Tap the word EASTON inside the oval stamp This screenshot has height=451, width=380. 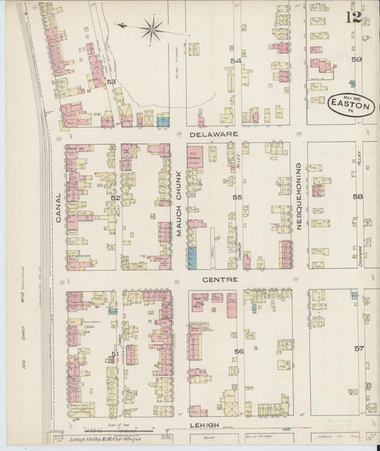350,106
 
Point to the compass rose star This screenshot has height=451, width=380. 150,29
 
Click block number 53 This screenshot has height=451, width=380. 111,82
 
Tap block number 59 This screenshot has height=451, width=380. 356,60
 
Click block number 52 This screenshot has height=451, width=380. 115,198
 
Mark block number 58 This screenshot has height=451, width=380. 357,196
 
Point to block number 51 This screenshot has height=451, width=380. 115,353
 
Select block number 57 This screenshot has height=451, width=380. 359,348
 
